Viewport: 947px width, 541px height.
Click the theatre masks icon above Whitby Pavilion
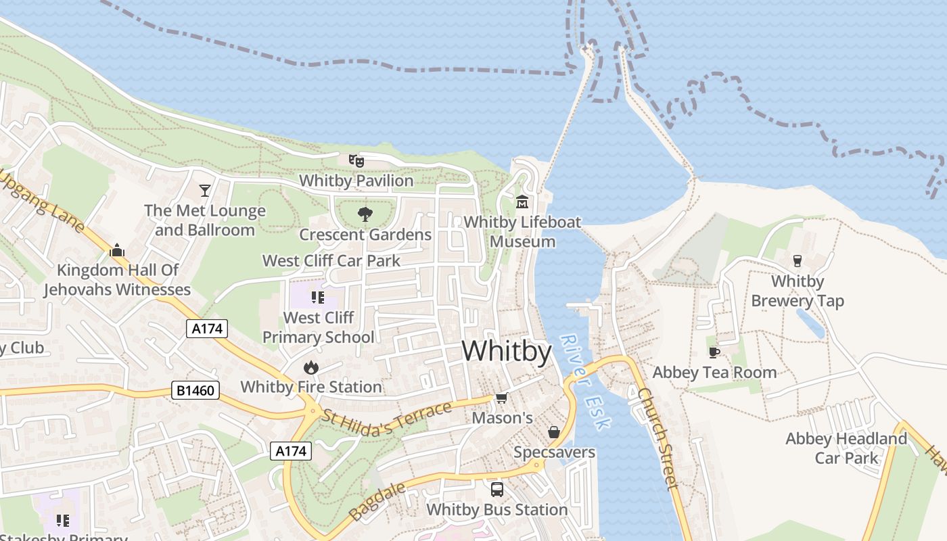click(x=356, y=160)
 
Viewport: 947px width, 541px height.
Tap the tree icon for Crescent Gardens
click(x=365, y=215)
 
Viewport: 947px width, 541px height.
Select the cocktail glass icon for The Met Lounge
click(x=205, y=191)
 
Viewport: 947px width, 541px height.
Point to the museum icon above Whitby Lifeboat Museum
click(x=522, y=202)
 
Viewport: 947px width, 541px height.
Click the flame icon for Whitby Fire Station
click(x=311, y=367)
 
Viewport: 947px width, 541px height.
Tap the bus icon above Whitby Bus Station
click(x=497, y=489)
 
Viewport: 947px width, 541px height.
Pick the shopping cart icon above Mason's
click(x=502, y=398)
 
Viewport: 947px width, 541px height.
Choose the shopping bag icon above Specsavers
click(x=554, y=432)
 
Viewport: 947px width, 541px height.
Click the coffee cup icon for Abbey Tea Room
click(x=714, y=352)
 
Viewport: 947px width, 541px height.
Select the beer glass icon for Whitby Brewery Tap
click(x=798, y=261)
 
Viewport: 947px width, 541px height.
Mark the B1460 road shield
click(x=195, y=390)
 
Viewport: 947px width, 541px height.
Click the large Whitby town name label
click(x=507, y=352)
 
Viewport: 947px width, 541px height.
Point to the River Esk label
click(x=586, y=382)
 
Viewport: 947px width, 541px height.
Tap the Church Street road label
click(x=657, y=438)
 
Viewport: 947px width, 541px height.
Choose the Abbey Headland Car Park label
click(x=846, y=448)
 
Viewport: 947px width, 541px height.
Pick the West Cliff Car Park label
click(x=331, y=260)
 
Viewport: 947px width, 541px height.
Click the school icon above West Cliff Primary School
click(x=318, y=297)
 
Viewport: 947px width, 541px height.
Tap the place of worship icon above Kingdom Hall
click(x=117, y=250)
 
